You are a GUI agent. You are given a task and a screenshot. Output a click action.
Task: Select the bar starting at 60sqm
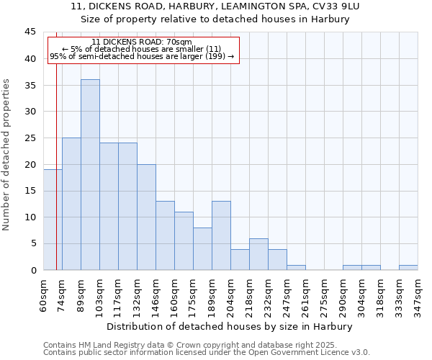point(53,220)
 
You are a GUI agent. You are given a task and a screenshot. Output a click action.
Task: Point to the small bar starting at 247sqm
point(296,267)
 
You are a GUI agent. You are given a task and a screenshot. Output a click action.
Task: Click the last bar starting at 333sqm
point(408,267)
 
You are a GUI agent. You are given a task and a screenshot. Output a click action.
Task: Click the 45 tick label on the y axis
point(30,32)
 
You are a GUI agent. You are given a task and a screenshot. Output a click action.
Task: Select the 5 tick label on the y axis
point(33,243)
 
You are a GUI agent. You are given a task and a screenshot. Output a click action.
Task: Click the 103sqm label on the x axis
point(99,295)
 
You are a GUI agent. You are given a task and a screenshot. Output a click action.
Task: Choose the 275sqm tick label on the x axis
point(324,295)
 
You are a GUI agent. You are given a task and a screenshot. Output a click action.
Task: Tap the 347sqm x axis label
point(418,295)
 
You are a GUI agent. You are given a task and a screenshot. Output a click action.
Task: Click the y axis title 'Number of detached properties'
point(7,155)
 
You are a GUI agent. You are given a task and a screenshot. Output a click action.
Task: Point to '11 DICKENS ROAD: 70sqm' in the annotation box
point(142,42)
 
